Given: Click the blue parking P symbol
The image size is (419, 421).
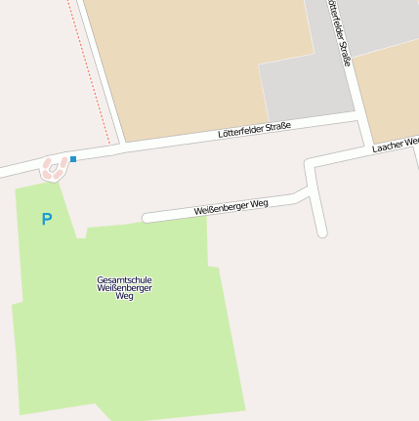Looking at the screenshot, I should point(46,220).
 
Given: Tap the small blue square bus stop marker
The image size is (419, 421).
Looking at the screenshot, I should point(73,158).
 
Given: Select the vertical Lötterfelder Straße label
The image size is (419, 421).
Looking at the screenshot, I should point(339,33).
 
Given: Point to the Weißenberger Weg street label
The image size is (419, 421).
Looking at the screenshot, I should point(230,206).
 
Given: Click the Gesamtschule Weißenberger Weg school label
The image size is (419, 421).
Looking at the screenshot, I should point(124,287).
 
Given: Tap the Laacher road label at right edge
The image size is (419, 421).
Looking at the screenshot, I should point(395,146).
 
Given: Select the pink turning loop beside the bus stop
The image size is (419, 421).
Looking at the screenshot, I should point(55,169).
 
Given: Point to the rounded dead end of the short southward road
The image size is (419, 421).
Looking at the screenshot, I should point(321,232).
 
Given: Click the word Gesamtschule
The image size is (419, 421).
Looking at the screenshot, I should point(124,279).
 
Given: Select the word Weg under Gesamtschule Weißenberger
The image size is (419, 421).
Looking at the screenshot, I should point(124,295).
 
